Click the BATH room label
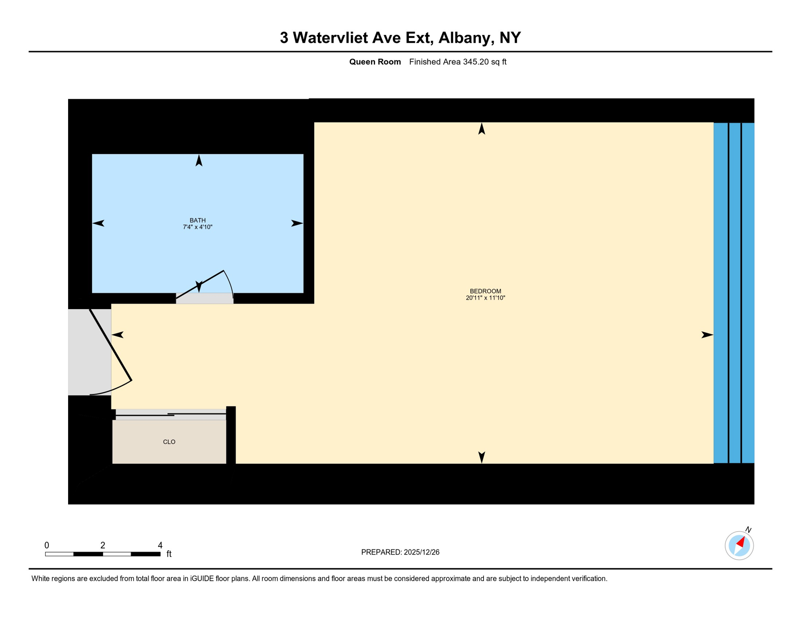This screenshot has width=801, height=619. coord(197,220)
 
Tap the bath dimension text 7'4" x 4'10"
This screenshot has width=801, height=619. coord(197,227)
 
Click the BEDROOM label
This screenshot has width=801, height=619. coord(485,291)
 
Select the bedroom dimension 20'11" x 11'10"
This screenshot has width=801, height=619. coord(485,298)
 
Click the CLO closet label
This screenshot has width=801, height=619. coord(169,442)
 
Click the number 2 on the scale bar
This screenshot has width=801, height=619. coord(103,545)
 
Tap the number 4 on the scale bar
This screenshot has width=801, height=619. coord(160,545)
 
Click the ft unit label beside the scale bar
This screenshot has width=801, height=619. coord(169,554)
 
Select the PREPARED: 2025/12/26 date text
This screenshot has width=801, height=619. coord(400,552)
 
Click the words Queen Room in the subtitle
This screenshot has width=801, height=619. coord(375,62)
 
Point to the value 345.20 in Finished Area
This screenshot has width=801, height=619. coord(475,62)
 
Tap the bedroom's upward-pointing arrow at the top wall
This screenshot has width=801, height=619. coord(481,129)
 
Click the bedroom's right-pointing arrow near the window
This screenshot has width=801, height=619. coord(707,335)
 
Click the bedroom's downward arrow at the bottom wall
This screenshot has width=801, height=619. coord(481,457)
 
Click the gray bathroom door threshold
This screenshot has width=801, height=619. coord(204,299)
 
